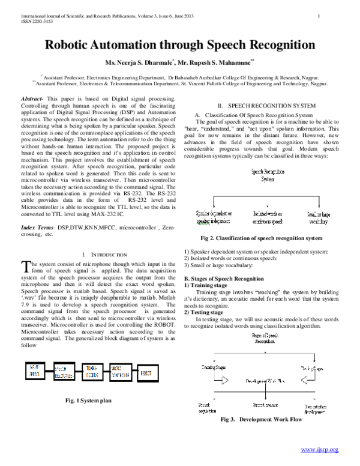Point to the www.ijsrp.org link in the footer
coord(319,449)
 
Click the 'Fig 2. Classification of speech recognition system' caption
coord(262,238)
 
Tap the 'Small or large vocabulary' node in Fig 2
coord(319,217)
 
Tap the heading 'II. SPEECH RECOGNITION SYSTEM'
coord(262,104)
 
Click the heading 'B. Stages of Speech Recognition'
coord(223,279)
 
